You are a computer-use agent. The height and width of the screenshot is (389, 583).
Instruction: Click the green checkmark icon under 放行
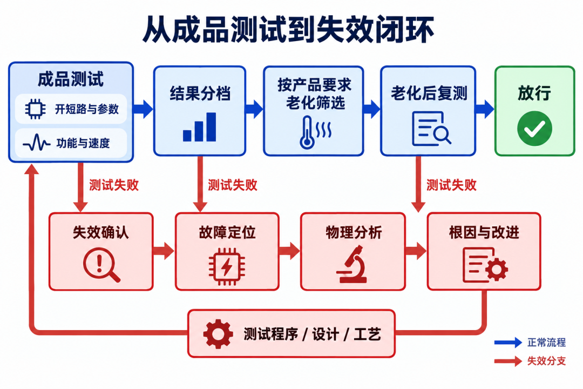point(534,129)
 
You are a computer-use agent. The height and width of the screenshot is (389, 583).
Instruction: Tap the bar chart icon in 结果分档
point(200,127)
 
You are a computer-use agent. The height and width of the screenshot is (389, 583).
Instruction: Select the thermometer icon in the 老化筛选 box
point(315,132)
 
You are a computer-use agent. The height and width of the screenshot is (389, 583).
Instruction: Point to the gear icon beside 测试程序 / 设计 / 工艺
point(218,334)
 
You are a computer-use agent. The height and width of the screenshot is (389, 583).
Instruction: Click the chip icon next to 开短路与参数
point(35,109)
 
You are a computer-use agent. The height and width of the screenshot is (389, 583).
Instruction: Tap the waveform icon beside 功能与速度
point(37,143)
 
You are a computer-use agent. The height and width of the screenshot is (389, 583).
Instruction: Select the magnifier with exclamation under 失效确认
point(101,265)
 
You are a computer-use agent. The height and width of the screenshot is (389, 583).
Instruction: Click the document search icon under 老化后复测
point(431,129)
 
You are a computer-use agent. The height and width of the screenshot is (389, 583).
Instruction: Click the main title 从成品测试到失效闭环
point(288,29)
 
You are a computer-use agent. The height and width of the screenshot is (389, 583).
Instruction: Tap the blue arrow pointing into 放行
point(485,109)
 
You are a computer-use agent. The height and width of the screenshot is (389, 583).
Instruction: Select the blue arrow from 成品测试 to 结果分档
point(143,109)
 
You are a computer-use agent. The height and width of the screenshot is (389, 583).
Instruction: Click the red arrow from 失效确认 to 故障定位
point(164,251)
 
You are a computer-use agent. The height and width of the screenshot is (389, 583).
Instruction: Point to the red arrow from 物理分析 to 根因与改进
point(416,251)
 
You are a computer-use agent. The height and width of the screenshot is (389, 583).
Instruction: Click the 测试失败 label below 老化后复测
point(451,185)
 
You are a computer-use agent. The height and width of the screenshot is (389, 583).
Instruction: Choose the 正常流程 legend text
point(546,343)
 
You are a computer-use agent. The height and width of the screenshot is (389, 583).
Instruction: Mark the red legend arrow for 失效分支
point(509,361)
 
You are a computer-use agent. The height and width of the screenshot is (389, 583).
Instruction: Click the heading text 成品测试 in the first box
point(71,79)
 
